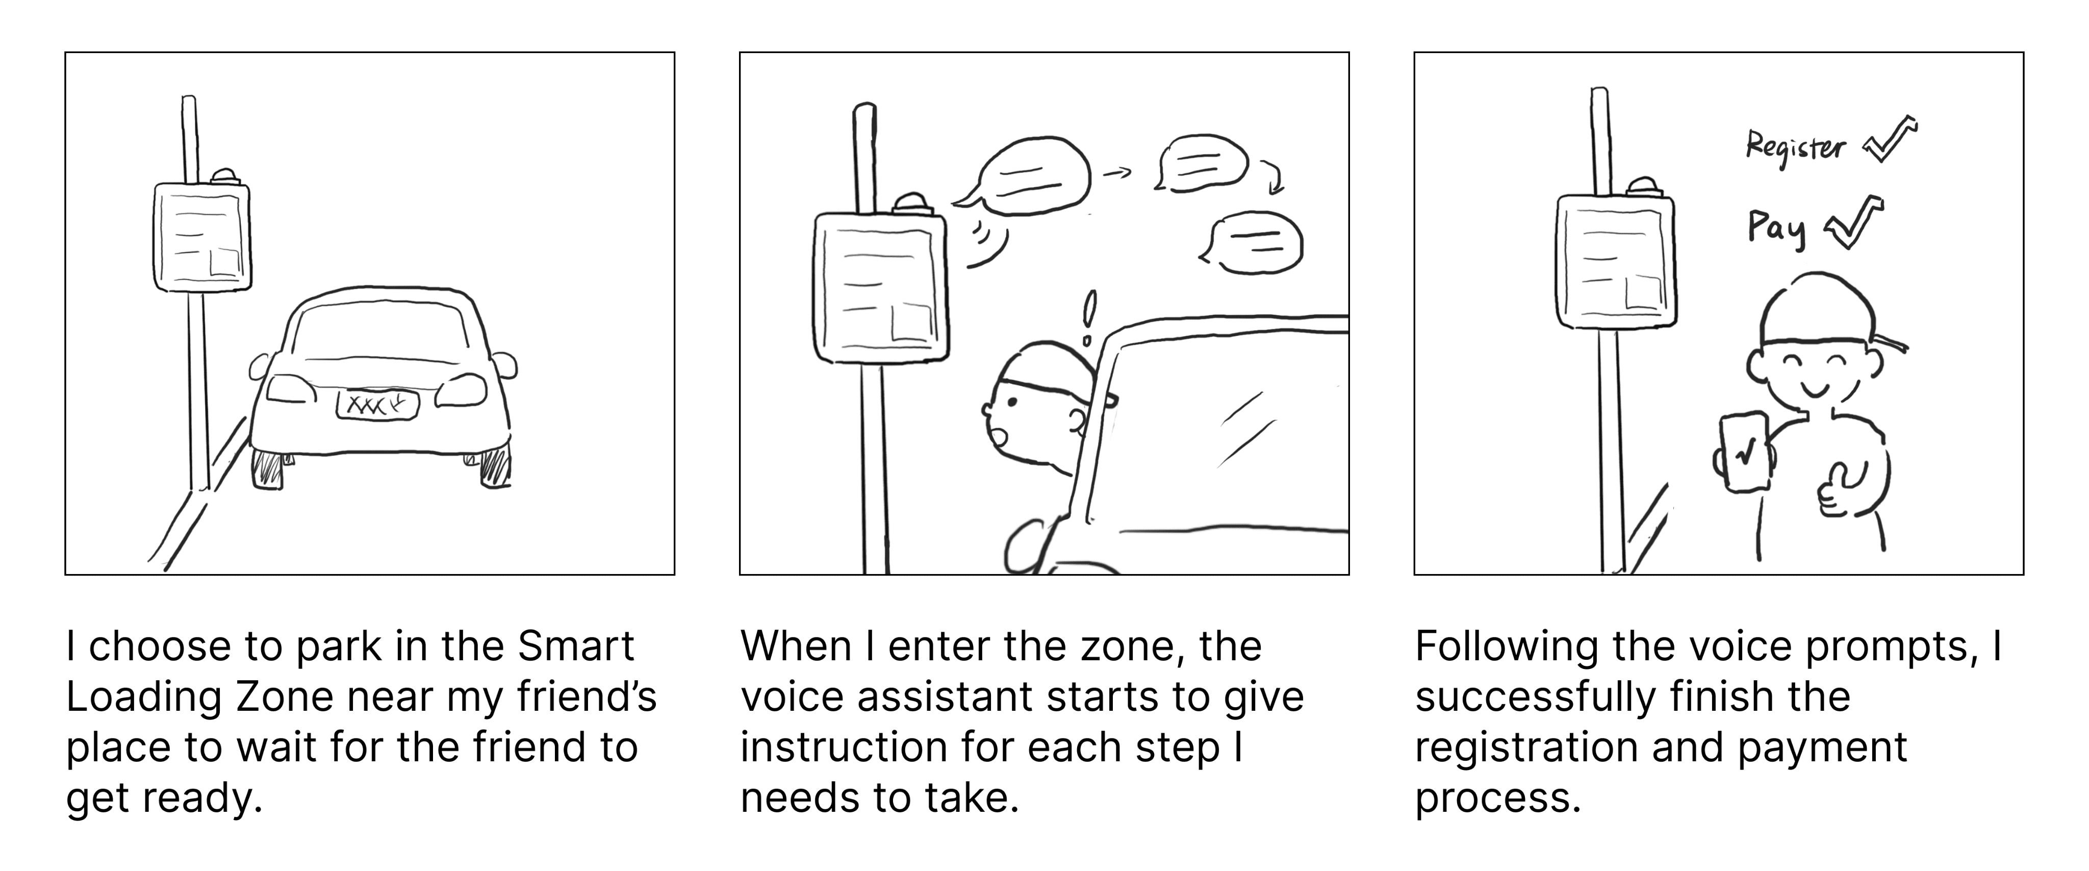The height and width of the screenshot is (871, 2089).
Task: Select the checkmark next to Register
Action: [1890, 139]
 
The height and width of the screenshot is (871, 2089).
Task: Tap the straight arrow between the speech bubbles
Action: [1117, 173]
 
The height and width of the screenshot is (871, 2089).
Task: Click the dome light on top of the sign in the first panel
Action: [224, 177]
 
